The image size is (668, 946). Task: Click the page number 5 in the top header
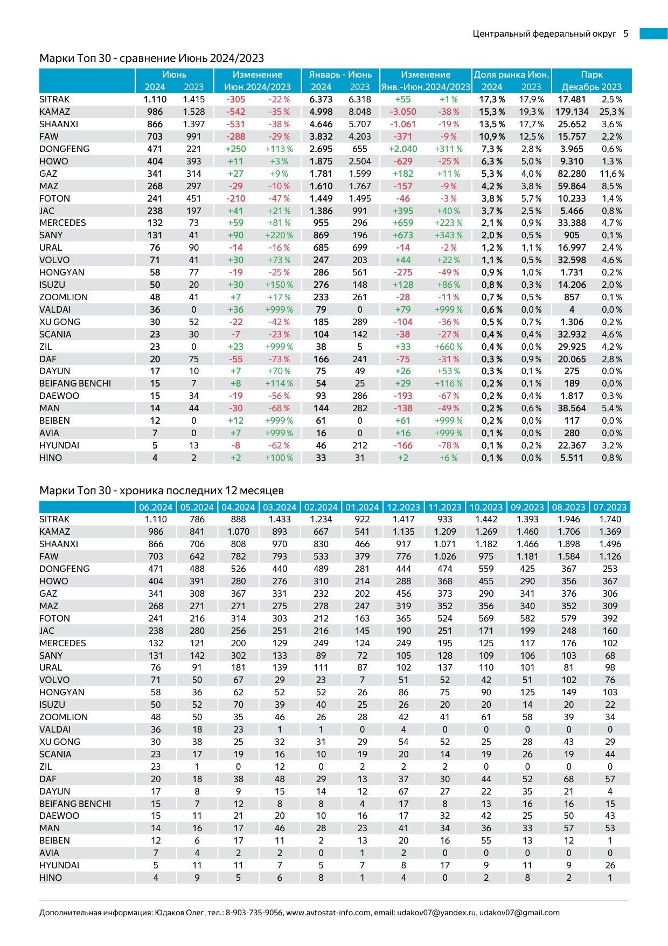[x=626, y=33]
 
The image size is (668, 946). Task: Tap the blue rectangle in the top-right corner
[x=653, y=33]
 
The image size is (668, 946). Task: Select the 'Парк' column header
[x=592, y=75]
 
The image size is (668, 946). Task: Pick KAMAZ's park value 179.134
[x=572, y=112]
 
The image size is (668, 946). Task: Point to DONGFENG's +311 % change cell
[x=448, y=149]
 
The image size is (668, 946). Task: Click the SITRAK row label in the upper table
[x=54, y=99]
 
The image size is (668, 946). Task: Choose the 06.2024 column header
[x=156, y=507]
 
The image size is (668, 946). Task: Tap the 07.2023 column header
[x=610, y=507]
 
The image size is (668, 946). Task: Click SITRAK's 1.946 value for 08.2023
[x=569, y=519]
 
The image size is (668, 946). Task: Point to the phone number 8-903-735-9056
[x=254, y=913]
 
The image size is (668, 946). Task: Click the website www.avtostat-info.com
[x=329, y=913]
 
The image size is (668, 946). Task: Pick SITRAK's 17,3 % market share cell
[x=492, y=99]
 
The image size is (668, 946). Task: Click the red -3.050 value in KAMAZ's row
[x=403, y=112]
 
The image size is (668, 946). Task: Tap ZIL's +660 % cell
[x=448, y=347]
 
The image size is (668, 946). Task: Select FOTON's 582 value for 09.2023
[x=527, y=618]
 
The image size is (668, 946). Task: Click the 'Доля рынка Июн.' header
[x=511, y=75]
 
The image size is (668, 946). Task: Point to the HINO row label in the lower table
[x=51, y=878]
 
